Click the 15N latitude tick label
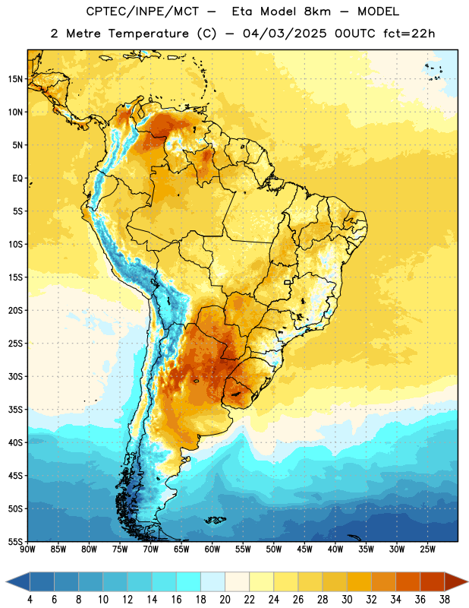pyautogui.click(x=15, y=79)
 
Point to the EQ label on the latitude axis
pyautogui.click(x=17, y=179)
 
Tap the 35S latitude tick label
pyautogui.click(x=15, y=410)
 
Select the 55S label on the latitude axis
pyautogui.click(x=15, y=541)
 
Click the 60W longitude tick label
pyautogui.click(x=212, y=549)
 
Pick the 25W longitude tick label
pyautogui.click(x=427, y=549)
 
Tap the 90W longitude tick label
pyautogui.click(x=27, y=549)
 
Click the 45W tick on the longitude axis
pyautogui.click(x=304, y=549)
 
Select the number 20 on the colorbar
pyautogui.click(x=225, y=600)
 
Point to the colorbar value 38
pyautogui.click(x=445, y=600)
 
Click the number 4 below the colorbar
pyautogui.click(x=30, y=600)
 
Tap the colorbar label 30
pyautogui.click(x=347, y=600)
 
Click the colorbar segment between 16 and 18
pyautogui.click(x=188, y=581)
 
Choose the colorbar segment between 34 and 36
pyautogui.click(x=408, y=581)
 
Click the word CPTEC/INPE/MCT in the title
pyautogui.click(x=143, y=11)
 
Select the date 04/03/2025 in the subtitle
pyautogui.click(x=285, y=33)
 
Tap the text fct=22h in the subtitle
pyautogui.click(x=409, y=33)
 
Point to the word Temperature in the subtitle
pyautogui.click(x=149, y=33)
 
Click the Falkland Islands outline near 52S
pyautogui.click(x=216, y=520)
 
